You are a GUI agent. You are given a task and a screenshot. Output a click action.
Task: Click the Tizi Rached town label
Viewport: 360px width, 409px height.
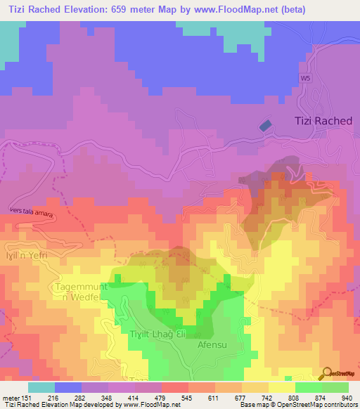322,121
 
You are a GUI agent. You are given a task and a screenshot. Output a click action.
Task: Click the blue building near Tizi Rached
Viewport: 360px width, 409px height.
265,125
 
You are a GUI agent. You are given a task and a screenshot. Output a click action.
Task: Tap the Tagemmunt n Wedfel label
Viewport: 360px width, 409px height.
79,294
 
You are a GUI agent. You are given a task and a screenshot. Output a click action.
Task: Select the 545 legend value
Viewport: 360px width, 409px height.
176,397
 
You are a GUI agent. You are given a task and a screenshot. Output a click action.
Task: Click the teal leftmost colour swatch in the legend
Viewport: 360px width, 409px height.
41,387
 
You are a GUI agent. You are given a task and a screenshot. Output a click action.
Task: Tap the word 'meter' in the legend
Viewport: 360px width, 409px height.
10,397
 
